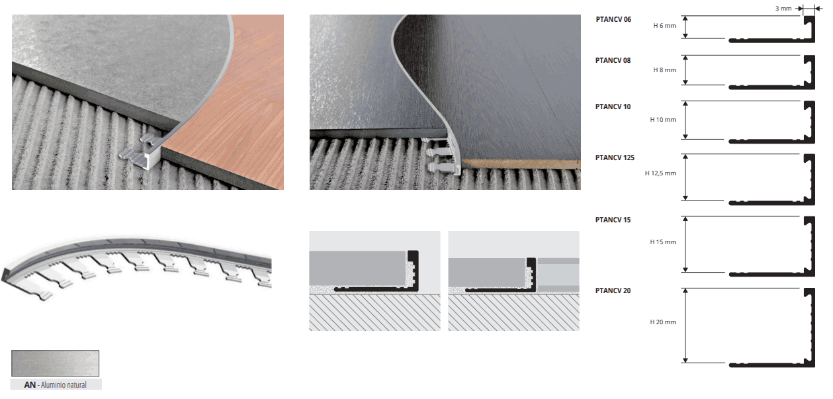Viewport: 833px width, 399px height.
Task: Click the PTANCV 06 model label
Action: (613, 19)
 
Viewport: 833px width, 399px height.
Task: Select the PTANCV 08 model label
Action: (613, 60)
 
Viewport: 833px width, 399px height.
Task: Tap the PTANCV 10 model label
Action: (613, 107)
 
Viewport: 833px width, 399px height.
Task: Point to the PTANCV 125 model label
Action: (615, 157)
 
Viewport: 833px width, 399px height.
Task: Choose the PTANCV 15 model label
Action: (613, 220)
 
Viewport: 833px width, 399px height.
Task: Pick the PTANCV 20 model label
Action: (613, 290)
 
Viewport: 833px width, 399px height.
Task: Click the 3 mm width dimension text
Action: (783, 9)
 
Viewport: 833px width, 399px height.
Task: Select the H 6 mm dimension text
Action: (664, 26)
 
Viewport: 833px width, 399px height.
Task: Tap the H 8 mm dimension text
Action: (664, 70)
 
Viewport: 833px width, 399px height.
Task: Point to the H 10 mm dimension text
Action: (663, 120)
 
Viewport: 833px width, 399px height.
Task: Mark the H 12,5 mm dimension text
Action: (660, 173)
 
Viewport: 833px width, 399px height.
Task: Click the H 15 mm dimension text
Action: (663, 242)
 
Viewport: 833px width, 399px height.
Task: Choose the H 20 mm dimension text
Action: (663, 322)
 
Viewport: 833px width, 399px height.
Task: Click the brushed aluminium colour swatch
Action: (55, 363)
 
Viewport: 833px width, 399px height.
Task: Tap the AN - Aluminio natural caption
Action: (56, 385)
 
